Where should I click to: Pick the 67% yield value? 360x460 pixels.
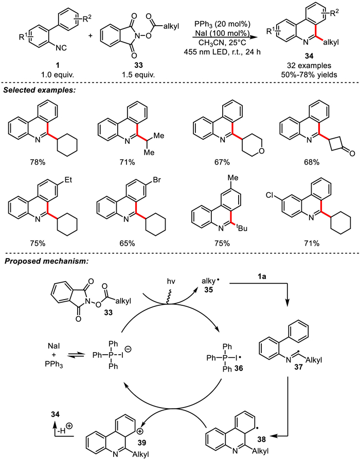point(222,177)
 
